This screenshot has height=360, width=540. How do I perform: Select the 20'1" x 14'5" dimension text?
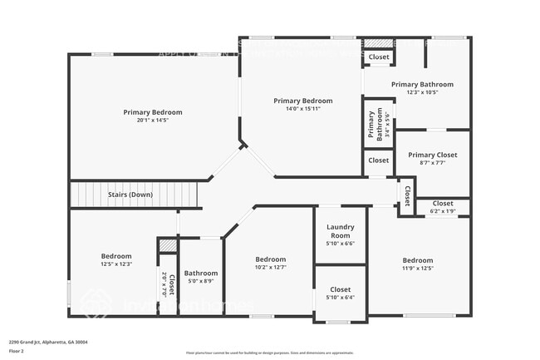pyautogui.click(x=153, y=121)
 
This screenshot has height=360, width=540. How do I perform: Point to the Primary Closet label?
pyautogui.click(x=432, y=155)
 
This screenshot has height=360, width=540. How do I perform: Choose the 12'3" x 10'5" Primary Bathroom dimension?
pyautogui.click(x=422, y=92)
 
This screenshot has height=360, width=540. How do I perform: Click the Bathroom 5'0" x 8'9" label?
pyautogui.click(x=201, y=273)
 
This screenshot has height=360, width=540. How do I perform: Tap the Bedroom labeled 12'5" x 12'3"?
pyautogui.click(x=116, y=256)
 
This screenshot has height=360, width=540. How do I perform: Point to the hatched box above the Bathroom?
pyautogui.click(x=168, y=245)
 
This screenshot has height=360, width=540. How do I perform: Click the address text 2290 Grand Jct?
pyautogui.click(x=48, y=342)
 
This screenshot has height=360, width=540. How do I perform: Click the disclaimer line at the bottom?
pyautogui.click(x=269, y=353)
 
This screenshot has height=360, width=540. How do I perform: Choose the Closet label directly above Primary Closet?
pyautogui.click(x=378, y=160)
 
